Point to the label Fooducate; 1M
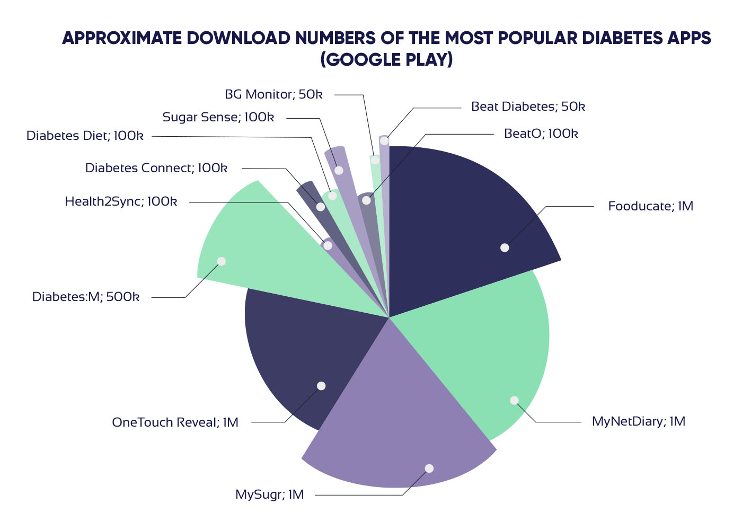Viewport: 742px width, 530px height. pyautogui.click(x=650, y=206)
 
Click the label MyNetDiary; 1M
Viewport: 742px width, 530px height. pyautogui.click(x=638, y=421)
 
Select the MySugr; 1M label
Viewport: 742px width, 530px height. pyautogui.click(x=269, y=494)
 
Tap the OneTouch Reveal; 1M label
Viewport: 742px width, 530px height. pyautogui.click(x=175, y=422)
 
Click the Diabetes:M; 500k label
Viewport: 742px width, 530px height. pyautogui.click(x=86, y=297)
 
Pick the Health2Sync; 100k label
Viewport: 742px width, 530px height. pyautogui.click(x=121, y=201)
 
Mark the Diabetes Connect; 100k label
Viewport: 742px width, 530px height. pyautogui.click(x=156, y=168)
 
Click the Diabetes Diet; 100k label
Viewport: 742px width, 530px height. pyautogui.click(x=85, y=136)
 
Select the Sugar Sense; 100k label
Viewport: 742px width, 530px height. pyautogui.click(x=218, y=117)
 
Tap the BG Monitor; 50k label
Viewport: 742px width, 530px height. pyautogui.click(x=273, y=94)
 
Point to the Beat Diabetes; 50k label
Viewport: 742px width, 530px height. pyautogui.click(x=528, y=107)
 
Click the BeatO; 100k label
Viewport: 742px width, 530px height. pyautogui.click(x=541, y=134)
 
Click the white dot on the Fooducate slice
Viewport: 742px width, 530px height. pyautogui.click(x=505, y=248)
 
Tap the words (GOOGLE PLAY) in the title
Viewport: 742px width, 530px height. pyautogui.click(x=386, y=59)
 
